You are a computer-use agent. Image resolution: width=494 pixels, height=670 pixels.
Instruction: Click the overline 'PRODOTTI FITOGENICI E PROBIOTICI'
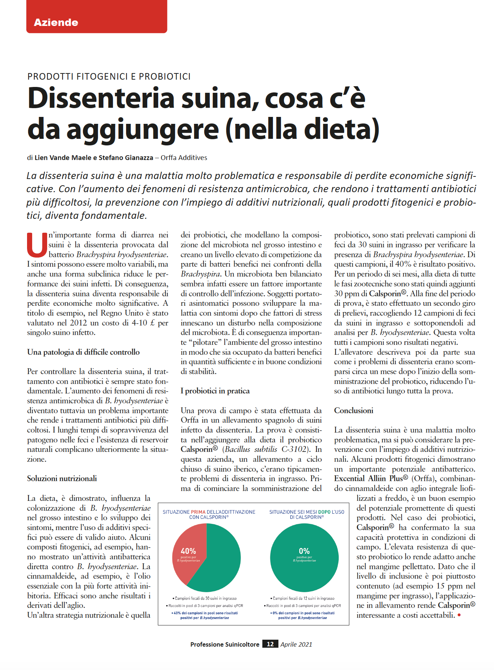[x=109, y=76]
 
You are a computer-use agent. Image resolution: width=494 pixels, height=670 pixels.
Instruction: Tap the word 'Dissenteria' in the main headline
[x=101, y=98]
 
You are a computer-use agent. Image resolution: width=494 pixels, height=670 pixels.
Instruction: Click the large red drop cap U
[x=37, y=245]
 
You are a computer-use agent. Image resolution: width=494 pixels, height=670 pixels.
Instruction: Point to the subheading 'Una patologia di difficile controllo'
[x=83, y=352]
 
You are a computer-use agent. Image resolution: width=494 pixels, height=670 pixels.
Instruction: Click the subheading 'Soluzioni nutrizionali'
[x=62, y=479]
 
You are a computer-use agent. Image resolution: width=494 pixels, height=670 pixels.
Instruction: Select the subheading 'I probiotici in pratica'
[x=215, y=391]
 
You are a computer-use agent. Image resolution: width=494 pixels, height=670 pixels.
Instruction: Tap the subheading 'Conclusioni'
[x=353, y=411]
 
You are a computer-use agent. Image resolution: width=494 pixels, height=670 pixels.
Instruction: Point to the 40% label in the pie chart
[x=188, y=551]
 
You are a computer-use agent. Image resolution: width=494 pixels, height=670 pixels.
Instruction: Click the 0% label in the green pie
[x=304, y=551]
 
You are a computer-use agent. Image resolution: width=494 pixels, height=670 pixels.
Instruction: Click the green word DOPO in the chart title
[x=317, y=512]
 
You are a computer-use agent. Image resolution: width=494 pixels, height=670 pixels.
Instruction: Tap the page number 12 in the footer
[x=270, y=644]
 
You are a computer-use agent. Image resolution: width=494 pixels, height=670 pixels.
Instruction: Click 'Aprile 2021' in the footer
[x=296, y=644]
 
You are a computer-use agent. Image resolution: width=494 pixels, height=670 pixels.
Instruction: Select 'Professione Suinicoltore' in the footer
[x=225, y=644]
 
